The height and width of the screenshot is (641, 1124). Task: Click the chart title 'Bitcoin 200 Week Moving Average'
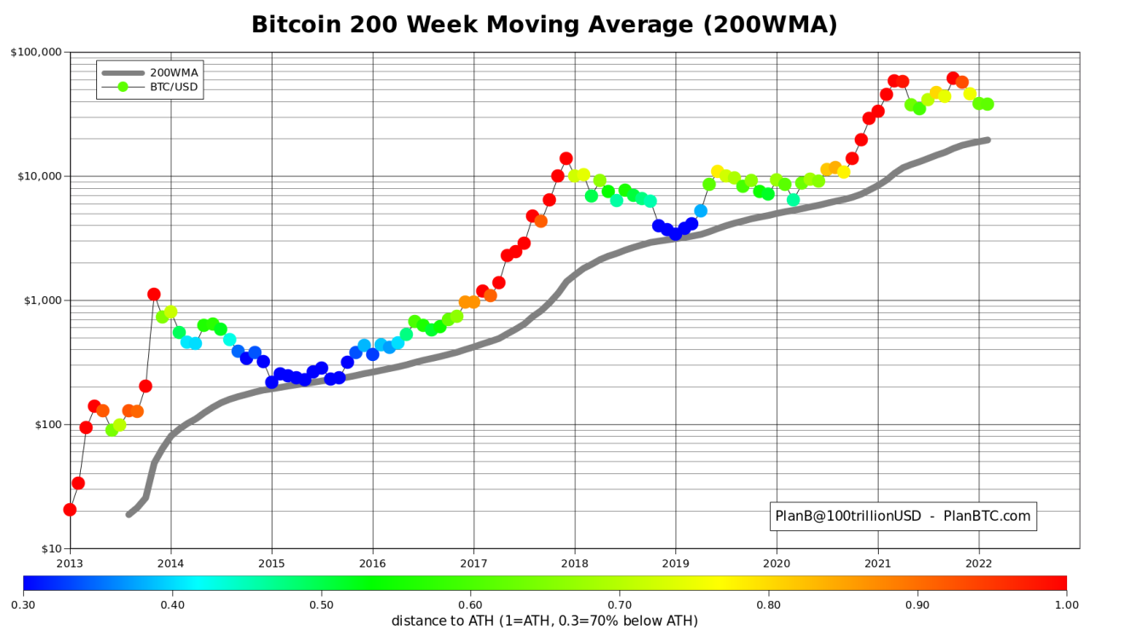pyautogui.click(x=544, y=25)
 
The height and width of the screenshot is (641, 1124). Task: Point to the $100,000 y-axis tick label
pyautogui.click(x=36, y=52)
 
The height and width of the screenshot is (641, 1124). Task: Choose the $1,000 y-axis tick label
pyautogui.click(x=41, y=300)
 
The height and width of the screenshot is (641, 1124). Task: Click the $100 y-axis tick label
pyautogui.click(x=44, y=425)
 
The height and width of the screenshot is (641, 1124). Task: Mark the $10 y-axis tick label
pyautogui.click(x=48, y=549)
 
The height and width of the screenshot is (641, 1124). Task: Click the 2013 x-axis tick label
pyautogui.click(x=70, y=563)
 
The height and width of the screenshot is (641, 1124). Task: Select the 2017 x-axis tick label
pyautogui.click(x=473, y=563)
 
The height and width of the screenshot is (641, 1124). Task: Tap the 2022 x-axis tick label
pyautogui.click(x=978, y=563)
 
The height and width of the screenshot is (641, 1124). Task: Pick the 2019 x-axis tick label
pyautogui.click(x=675, y=563)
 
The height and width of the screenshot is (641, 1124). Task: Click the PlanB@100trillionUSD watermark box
pyautogui.click(x=903, y=516)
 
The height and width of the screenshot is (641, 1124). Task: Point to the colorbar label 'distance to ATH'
pyautogui.click(x=544, y=621)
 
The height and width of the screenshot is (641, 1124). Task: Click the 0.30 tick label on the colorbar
pyautogui.click(x=23, y=604)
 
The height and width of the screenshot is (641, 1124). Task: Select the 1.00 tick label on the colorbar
pyautogui.click(x=1066, y=604)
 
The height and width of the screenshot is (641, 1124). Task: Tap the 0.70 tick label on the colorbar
pyautogui.click(x=619, y=604)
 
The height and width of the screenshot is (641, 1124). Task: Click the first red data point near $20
pyautogui.click(x=70, y=510)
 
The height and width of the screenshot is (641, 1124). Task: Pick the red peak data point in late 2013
pyautogui.click(x=153, y=295)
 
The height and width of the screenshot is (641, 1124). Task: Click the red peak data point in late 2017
pyautogui.click(x=566, y=158)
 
